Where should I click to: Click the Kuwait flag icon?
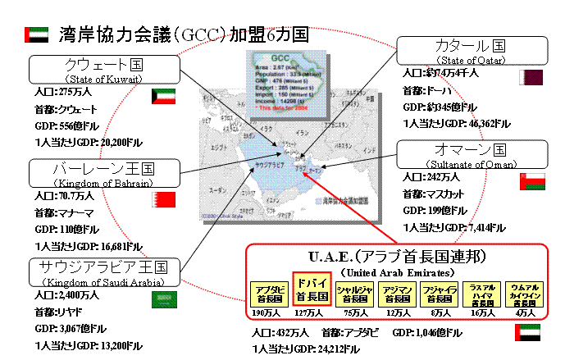(x=165, y=96)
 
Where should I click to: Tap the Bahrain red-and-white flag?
(x=164, y=199)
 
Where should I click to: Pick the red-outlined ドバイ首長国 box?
(x=312, y=289)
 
